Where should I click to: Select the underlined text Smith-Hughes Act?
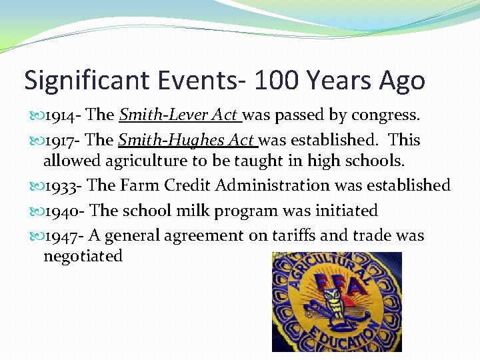coord(187,140)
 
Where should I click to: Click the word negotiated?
coord(83,256)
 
